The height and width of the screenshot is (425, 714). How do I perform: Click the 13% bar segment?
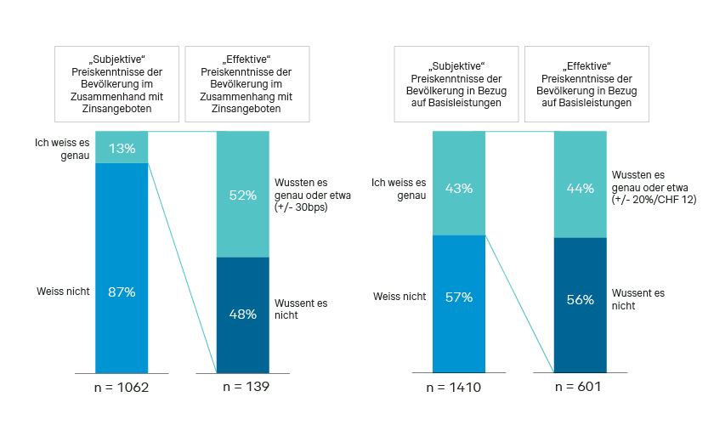click(121, 147)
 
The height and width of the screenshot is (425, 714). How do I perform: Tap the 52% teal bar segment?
click(242, 195)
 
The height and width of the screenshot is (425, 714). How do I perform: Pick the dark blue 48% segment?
click(242, 314)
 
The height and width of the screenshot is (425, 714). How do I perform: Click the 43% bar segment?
click(459, 183)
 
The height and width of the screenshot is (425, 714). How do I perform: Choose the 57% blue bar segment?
click(459, 303)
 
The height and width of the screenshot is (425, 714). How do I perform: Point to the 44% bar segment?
click(580, 184)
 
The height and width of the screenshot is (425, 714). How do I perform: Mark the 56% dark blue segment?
click(580, 305)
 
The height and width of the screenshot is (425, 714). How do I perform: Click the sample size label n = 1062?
click(121, 388)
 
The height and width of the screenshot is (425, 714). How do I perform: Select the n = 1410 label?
click(459, 388)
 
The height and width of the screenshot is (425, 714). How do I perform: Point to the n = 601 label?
click(580, 388)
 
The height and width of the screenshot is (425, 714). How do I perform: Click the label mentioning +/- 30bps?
click(312, 194)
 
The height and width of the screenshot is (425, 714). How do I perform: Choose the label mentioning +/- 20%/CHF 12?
click(651, 186)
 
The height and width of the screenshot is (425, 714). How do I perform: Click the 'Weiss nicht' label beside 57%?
click(399, 296)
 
